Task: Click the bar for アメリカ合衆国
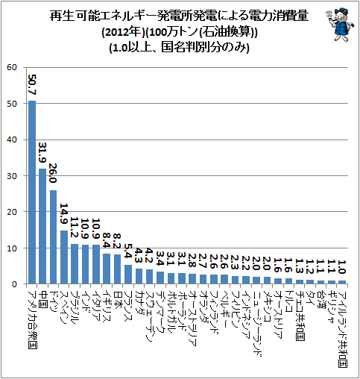point(32,192)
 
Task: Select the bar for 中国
point(42,226)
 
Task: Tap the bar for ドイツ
point(54,237)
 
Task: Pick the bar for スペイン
point(64,257)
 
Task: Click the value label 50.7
point(32,84)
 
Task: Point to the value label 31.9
point(43,153)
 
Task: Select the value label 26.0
point(53,173)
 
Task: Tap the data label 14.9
point(64,214)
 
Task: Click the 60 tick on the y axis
point(12,67)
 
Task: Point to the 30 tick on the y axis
point(12,176)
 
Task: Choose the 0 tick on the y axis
point(14,284)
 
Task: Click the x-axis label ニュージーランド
point(257,323)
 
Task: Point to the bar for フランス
point(128,275)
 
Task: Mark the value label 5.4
point(128,251)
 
